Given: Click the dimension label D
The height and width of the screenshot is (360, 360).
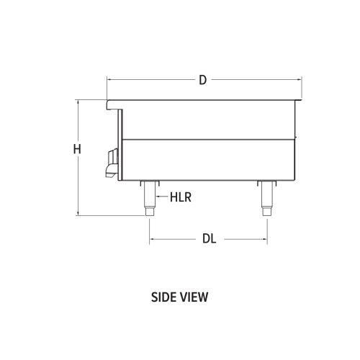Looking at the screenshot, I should [x=203, y=80].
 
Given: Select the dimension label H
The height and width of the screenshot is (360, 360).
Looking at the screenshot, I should [x=76, y=150].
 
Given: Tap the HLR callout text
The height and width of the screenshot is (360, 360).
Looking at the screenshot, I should [x=180, y=196].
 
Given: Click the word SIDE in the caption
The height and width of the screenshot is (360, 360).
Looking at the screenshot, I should [x=165, y=295].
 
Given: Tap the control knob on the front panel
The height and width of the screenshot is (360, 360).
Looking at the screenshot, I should [x=110, y=161].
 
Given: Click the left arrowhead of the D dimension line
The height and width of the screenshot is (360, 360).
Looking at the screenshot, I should [x=108, y=80].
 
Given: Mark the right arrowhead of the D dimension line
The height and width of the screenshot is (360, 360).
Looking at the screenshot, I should [x=300, y=80].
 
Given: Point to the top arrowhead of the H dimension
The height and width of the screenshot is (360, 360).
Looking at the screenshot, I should [x=76, y=102].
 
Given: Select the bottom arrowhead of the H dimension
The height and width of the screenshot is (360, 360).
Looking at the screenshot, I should [x=76, y=213].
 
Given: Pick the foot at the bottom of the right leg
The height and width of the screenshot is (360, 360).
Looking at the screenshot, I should [x=266, y=211].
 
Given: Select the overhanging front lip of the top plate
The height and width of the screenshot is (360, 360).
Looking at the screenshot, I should [x=112, y=105].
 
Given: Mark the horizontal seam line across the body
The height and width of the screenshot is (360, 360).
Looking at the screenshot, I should [x=209, y=138].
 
